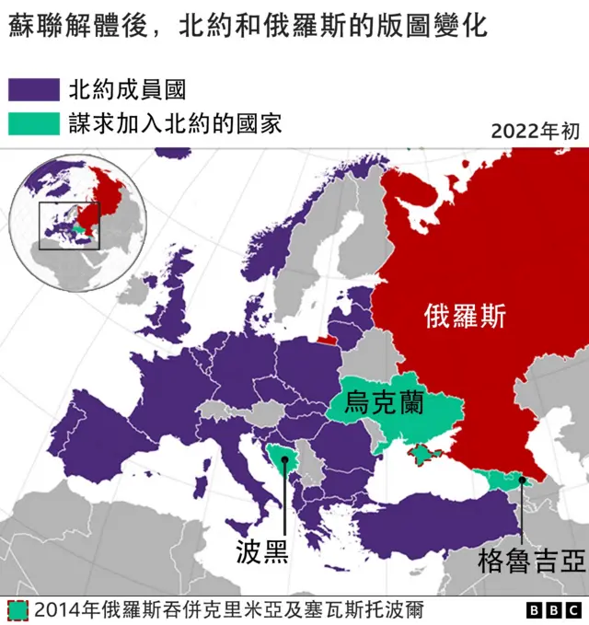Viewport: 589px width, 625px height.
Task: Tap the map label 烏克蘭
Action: pos(383,402)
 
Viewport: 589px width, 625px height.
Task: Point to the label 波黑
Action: pos(262,550)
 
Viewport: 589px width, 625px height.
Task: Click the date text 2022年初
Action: pos(535,131)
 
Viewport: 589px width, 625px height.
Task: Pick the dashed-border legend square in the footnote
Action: pos(17,610)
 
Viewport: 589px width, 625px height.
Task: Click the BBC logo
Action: pos(553,610)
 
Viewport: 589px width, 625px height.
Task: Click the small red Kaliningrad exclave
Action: pos(327,338)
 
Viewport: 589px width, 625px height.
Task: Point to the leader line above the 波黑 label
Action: pos(285,497)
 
